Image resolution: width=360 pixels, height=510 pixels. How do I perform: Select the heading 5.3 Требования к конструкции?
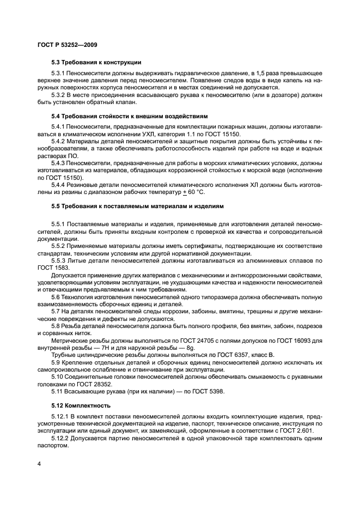click(96, 62)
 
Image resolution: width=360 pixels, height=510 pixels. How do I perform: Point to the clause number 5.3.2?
click(58, 95)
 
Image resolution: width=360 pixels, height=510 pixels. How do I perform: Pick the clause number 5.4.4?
click(59, 185)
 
